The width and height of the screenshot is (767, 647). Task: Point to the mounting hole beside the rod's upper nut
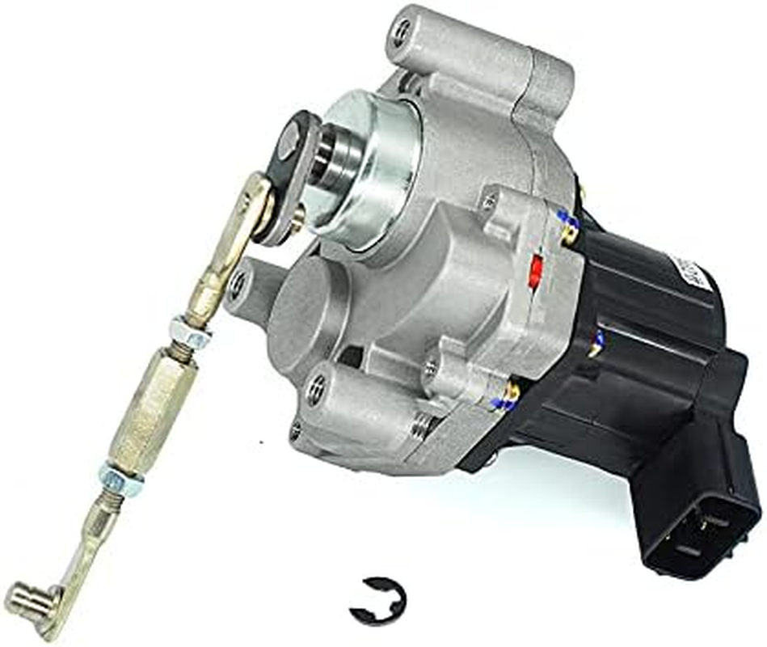click(237, 285)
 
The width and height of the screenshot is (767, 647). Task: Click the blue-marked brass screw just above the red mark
click(569, 227)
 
